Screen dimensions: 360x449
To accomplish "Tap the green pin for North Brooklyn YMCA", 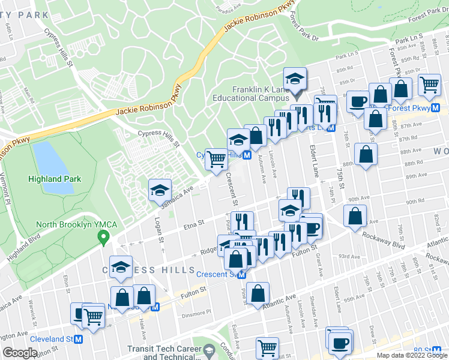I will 103,238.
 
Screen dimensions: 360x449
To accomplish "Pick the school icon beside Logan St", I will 160,190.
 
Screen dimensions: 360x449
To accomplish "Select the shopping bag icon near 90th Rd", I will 355,217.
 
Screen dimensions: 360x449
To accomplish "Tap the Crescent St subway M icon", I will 241,275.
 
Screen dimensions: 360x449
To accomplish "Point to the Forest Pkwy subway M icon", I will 436,109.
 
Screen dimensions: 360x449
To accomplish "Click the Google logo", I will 20,352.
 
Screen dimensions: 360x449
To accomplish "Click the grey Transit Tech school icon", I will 209,350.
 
